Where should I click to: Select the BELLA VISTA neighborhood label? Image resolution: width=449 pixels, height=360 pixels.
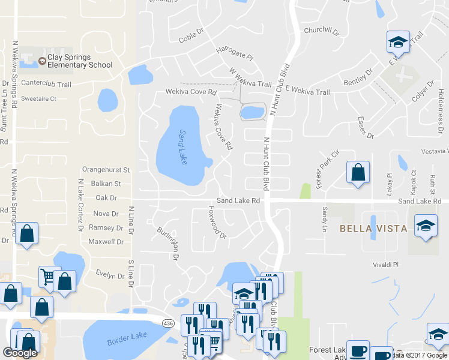click(373, 229)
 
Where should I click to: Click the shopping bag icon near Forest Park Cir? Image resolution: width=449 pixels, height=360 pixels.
click(358, 173)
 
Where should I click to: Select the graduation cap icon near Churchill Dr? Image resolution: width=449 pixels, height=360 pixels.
click(397, 42)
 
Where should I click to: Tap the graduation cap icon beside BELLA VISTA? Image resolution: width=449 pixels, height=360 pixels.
click(426, 226)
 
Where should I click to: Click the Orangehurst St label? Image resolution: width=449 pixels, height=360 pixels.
click(106, 170)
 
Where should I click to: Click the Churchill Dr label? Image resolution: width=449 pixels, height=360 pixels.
click(322, 30)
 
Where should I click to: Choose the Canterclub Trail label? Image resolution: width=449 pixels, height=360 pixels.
click(46, 84)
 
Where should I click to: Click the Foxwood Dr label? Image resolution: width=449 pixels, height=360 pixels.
click(217, 223)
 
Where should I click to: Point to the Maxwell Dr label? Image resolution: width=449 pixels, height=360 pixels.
click(106, 242)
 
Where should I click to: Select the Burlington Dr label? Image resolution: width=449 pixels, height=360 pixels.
click(168, 242)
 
